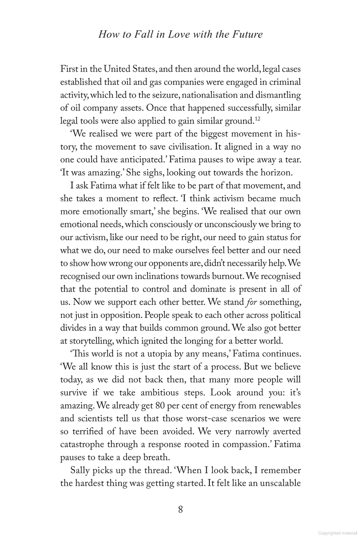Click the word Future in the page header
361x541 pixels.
[248, 34]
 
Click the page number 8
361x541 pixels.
[180, 510]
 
